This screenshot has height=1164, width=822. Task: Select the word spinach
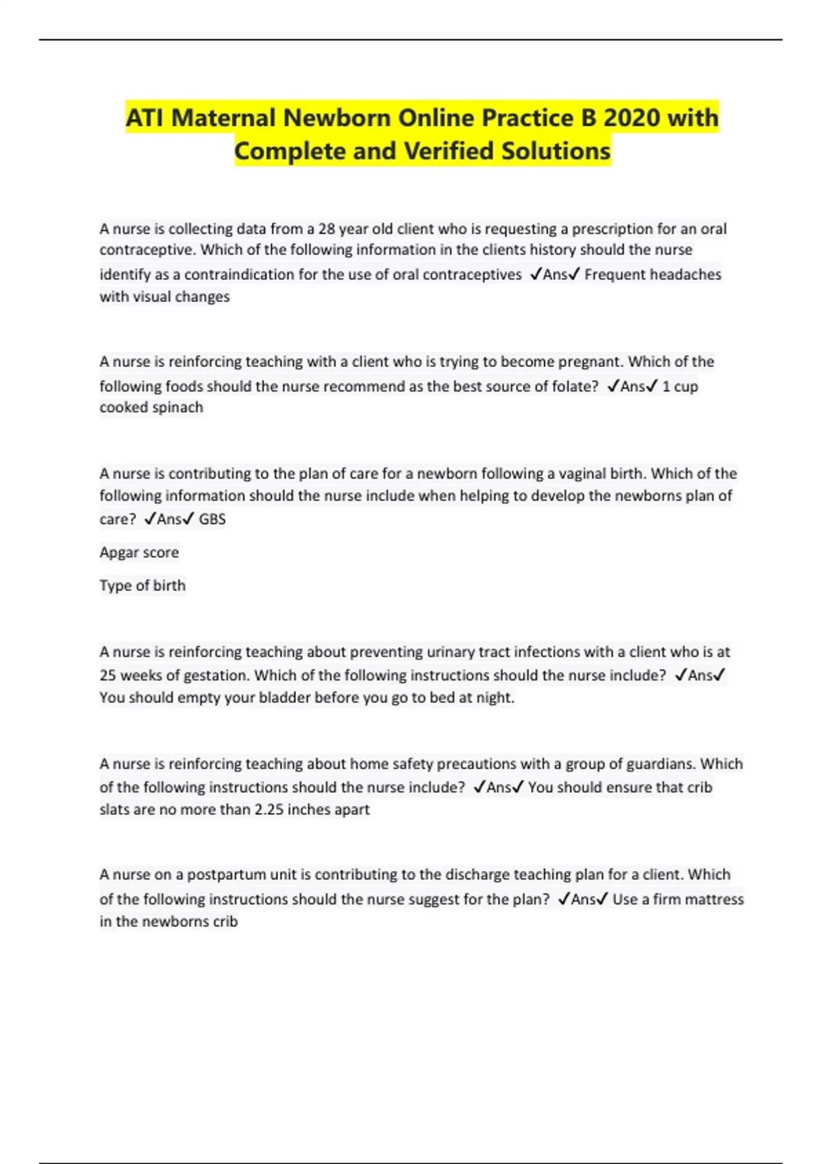(179, 407)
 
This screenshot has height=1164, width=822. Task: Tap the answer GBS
(212, 519)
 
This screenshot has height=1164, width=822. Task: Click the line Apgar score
(139, 553)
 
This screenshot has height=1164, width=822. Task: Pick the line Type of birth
(142, 585)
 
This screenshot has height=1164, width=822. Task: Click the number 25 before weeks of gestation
(108, 675)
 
